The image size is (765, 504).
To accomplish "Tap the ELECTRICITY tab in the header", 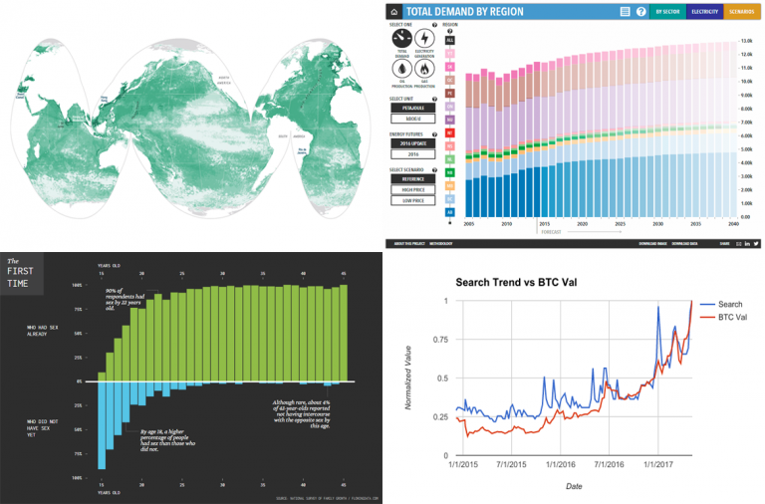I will click(705, 12).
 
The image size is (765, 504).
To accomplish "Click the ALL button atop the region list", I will click(450, 39).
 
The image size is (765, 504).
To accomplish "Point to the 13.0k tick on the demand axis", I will click(746, 40).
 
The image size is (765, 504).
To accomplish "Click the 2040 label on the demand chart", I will click(732, 224).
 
